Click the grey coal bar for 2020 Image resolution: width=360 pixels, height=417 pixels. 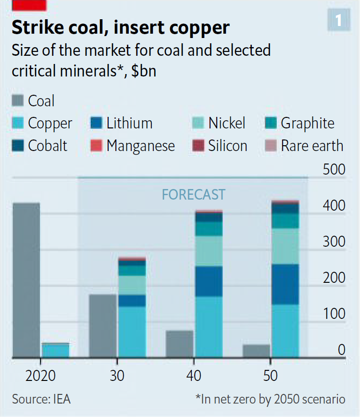tap(26, 280)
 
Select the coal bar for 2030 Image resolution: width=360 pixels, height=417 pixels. tap(103, 326)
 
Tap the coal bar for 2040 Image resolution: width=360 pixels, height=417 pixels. tap(180, 344)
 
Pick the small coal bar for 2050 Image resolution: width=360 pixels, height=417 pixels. tap(257, 351)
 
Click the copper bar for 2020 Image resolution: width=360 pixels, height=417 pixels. tap(55, 350)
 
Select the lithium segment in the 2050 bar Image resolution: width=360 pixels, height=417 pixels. tap(286, 284)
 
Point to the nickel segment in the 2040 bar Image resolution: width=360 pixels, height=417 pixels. tap(209, 251)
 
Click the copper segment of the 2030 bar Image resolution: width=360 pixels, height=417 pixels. tap(132, 332)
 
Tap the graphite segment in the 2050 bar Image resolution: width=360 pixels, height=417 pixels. tap(286, 221)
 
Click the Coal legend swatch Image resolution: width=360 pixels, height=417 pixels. tap(17, 101)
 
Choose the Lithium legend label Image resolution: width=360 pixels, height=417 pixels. tap(129, 123)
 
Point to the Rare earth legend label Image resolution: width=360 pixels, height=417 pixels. tap(312, 146)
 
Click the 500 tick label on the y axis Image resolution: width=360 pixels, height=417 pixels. tap(334, 170)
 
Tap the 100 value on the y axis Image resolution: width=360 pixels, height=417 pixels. tap(334, 314)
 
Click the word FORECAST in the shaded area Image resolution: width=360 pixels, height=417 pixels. tap(193, 194)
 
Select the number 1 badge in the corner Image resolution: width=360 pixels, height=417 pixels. tap(338, 20)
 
